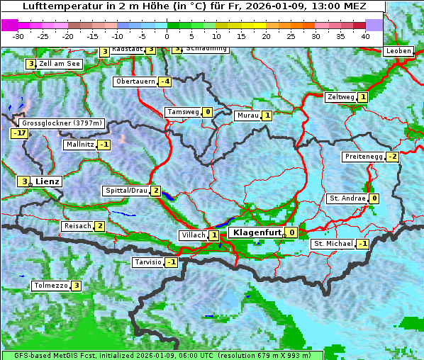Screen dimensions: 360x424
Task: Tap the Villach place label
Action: pyautogui.click(x=193, y=235)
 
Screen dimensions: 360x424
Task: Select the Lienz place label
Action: pyautogui.click(x=48, y=181)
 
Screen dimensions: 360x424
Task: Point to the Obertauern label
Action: pyautogui.click(x=135, y=81)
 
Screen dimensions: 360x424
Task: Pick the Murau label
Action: pyautogui.click(x=247, y=116)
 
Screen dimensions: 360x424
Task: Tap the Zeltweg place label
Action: pyautogui.click(x=340, y=97)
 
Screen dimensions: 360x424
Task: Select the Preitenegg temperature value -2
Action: pyautogui.click(x=391, y=156)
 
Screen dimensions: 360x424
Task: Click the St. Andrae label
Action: pyautogui.click(x=347, y=198)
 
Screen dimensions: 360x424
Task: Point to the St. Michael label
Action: pyautogui.click(x=333, y=244)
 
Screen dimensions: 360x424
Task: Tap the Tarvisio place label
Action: pyautogui.click(x=148, y=262)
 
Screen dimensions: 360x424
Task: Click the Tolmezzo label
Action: pyautogui.click(x=50, y=286)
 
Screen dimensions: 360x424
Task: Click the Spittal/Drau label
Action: pyautogui.click(x=126, y=191)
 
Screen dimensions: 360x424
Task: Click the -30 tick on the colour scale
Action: pyautogui.click(x=18, y=35)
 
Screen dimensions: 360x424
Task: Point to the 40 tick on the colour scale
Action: pyautogui.click(x=365, y=35)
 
